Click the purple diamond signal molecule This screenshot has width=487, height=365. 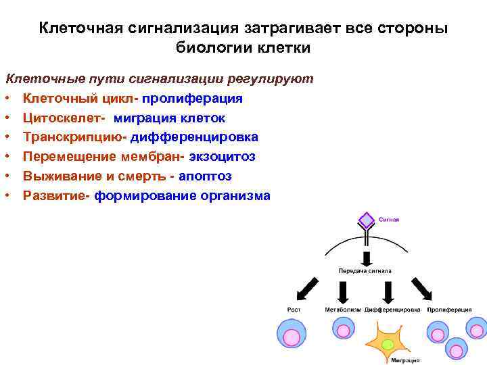click(365, 220)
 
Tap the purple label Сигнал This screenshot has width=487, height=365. click(389, 220)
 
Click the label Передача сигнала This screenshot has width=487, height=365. click(365, 270)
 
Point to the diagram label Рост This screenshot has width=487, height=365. click(294, 310)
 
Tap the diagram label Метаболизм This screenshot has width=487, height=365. click(343, 310)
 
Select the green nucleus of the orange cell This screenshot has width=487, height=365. click(388, 344)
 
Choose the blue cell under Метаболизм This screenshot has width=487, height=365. click(343, 329)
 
